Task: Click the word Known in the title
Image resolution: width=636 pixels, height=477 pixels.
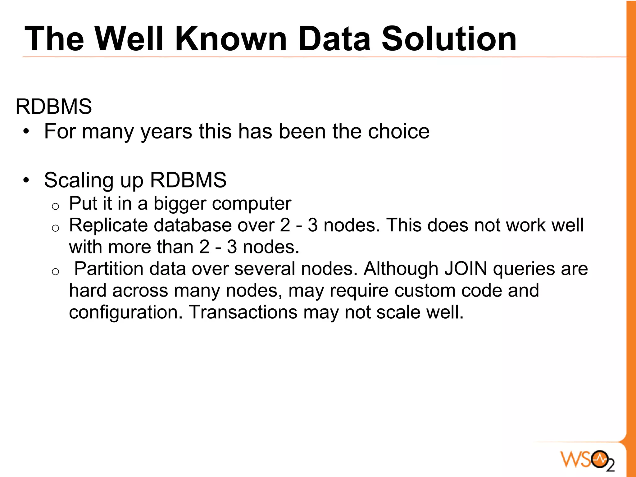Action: tap(231, 39)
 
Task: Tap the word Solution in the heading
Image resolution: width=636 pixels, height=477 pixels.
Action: tap(449, 39)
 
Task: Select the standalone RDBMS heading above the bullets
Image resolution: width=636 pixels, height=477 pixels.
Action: tap(54, 107)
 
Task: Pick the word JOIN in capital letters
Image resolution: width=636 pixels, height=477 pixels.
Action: tap(466, 269)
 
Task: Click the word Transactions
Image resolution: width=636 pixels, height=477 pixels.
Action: tap(243, 312)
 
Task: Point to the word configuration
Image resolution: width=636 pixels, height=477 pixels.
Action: tap(126, 313)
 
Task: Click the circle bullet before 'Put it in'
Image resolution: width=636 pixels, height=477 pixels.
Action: tap(56, 207)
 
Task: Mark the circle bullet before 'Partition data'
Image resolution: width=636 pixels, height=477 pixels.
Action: tap(56, 272)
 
